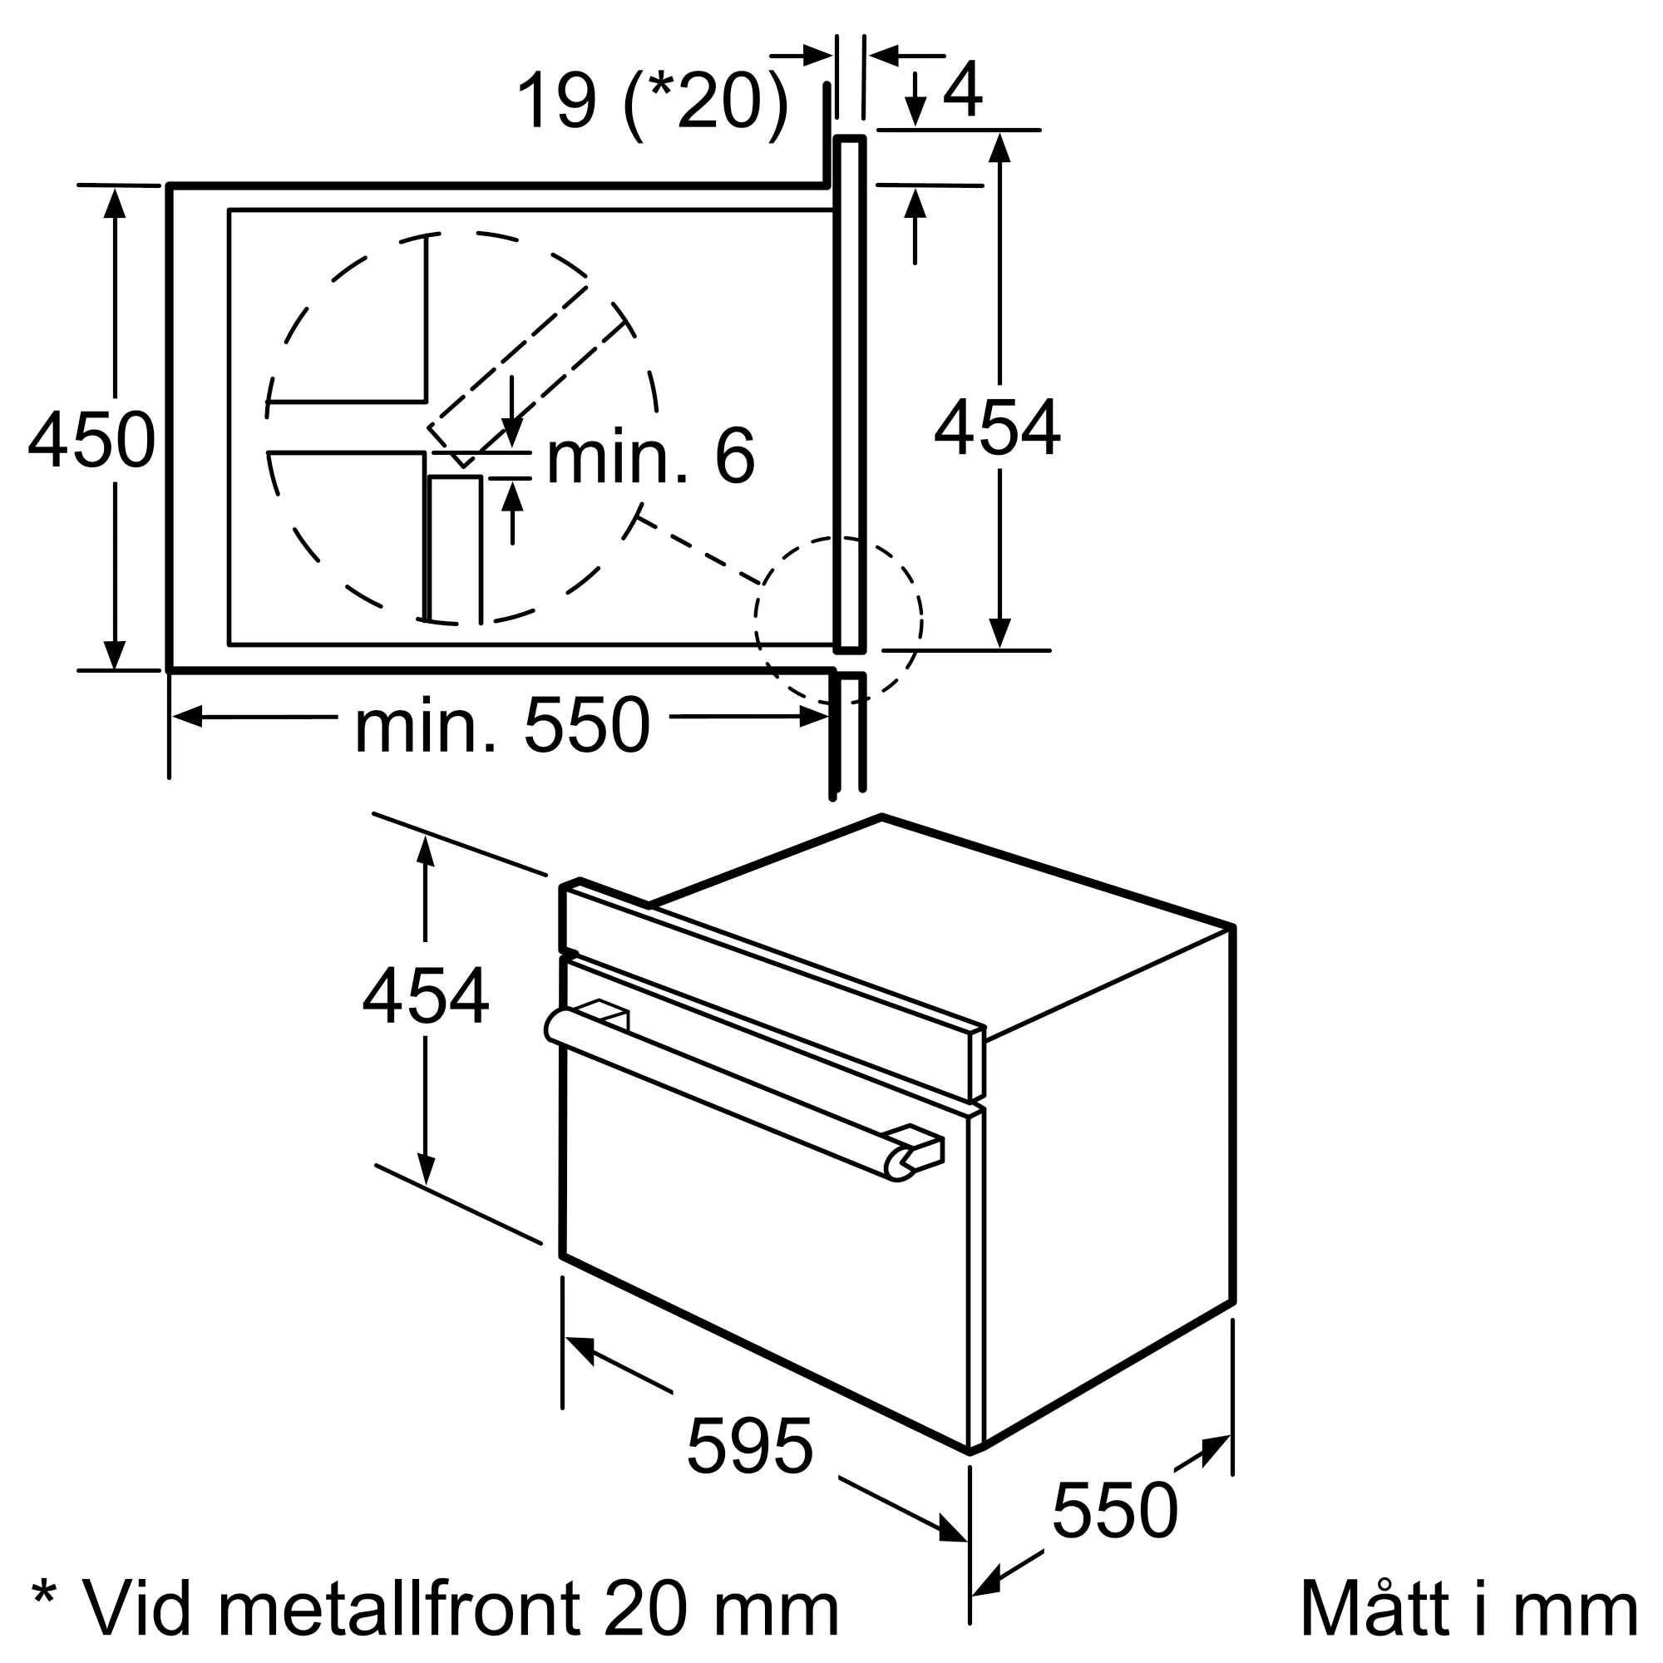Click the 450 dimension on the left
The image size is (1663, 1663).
(x=91, y=440)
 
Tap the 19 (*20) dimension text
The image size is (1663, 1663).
(x=652, y=101)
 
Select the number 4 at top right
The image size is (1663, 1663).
(x=962, y=90)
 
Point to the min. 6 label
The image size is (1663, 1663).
(x=651, y=457)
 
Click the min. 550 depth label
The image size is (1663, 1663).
(x=502, y=728)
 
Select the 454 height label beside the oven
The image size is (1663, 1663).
(x=425, y=997)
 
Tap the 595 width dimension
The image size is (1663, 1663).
(x=749, y=1446)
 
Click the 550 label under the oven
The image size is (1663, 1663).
(x=1114, y=1510)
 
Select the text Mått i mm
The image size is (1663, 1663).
(x=1468, y=1608)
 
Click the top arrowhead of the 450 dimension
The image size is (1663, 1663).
(x=115, y=201)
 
